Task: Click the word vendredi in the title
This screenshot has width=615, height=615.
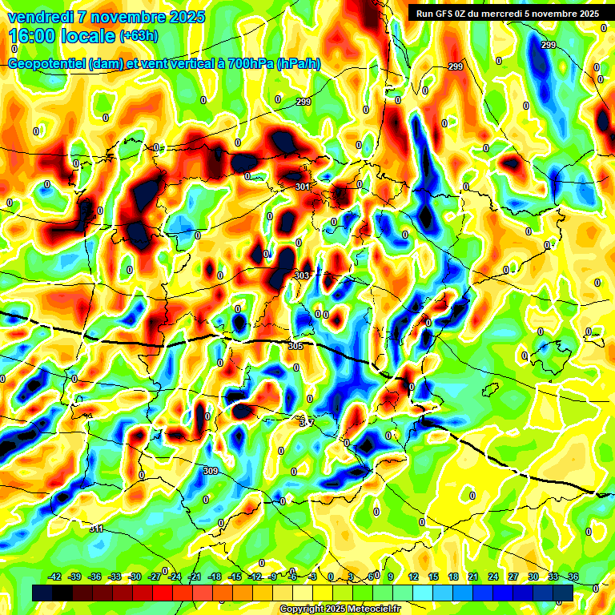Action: tap(38, 17)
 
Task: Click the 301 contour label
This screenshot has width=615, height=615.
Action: tap(303, 187)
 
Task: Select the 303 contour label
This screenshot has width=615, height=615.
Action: tap(302, 275)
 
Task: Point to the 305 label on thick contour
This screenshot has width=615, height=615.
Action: tap(295, 346)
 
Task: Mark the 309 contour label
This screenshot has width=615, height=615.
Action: tap(211, 471)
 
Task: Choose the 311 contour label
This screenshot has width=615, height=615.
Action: tap(96, 529)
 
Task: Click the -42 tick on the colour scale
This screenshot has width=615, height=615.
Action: tap(55, 577)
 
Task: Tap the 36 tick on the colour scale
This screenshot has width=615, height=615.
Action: tap(573, 577)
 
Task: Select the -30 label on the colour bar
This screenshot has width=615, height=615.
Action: tap(135, 577)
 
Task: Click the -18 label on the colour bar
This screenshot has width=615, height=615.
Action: tap(215, 577)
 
